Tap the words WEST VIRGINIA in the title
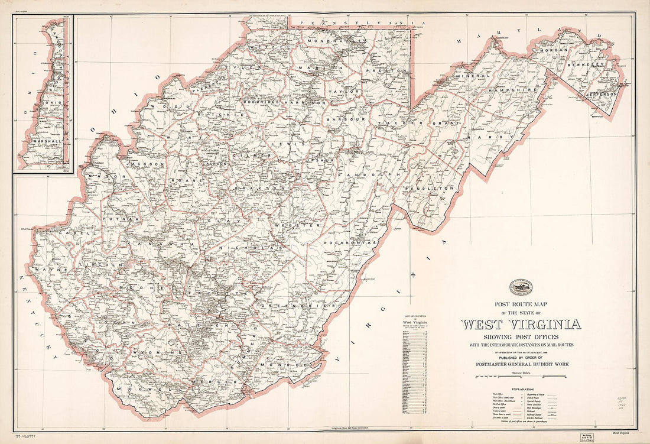pyautogui.click(x=521, y=324)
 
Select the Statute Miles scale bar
pyautogui.click(x=521, y=376)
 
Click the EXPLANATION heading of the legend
pyautogui.click(x=521, y=389)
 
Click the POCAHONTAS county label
pyautogui.click(x=350, y=242)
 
